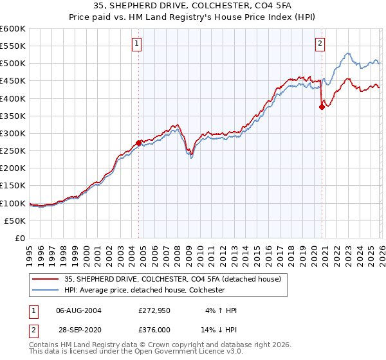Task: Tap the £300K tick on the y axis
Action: pyautogui.click(x=12, y=133)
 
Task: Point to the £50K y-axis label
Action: pyautogui.click(x=15, y=221)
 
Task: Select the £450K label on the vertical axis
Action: pyautogui.click(x=12, y=81)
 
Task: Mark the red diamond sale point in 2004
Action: pyautogui.click(x=138, y=143)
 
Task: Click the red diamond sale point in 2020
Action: pyautogui.click(x=322, y=107)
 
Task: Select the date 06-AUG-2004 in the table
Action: pyautogui.click(x=78, y=310)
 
